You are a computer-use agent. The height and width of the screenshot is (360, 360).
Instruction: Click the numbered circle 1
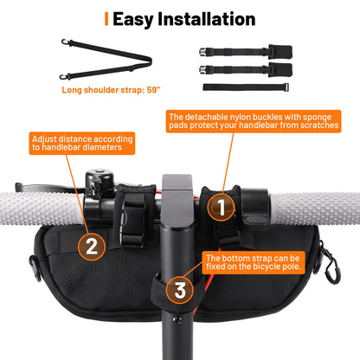[x=221, y=207]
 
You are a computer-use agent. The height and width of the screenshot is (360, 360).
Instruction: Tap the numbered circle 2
[x=92, y=247]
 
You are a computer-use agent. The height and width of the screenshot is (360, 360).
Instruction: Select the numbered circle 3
[x=180, y=290]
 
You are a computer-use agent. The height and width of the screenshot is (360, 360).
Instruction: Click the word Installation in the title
[x=207, y=19]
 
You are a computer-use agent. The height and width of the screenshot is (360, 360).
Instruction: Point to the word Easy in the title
[x=133, y=20]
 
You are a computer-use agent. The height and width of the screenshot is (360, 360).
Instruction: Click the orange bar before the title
[x=106, y=19]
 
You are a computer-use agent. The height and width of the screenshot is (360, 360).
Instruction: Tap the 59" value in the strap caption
[x=153, y=90]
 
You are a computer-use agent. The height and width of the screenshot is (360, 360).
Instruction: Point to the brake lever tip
[x=18, y=187]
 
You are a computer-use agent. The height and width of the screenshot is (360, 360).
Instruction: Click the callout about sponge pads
[x=254, y=121]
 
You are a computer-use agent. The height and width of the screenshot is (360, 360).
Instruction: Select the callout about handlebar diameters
[x=82, y=144]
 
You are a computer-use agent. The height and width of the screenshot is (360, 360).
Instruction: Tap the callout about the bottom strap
[x=254, y=262]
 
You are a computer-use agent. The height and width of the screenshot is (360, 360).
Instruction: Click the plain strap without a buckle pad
[x=246, y=87]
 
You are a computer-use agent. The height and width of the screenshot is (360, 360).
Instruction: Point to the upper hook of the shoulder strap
[x=66, y=42]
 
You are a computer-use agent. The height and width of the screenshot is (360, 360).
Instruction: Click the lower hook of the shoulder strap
[x=64, y=77]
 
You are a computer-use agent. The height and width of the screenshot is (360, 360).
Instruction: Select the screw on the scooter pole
[x=177, y=319]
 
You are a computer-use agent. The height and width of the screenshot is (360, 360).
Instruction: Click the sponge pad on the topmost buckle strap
[x=280, y=51]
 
